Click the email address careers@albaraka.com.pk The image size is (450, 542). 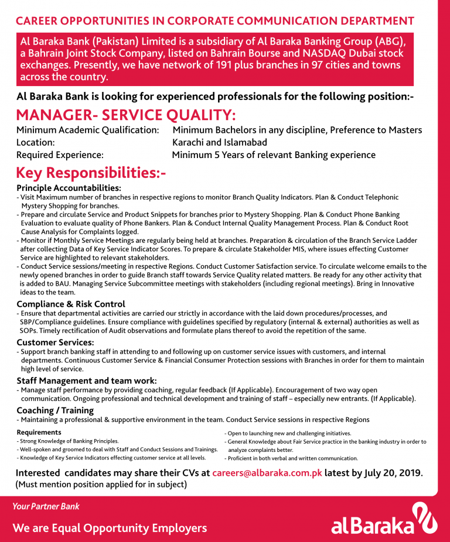267,473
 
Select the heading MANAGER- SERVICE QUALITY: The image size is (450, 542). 126,115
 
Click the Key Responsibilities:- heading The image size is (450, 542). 91,173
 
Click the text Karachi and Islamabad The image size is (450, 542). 220,142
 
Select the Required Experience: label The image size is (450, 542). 60,155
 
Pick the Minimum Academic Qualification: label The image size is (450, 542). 88,129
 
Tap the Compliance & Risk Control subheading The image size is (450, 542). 71,304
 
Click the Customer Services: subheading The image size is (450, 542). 55,342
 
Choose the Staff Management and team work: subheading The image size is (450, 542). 87,380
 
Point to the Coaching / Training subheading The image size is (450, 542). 55,410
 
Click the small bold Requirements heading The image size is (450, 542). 39,432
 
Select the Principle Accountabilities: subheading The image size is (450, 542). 69,188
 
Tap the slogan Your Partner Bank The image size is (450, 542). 46,506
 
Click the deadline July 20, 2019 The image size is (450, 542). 391,473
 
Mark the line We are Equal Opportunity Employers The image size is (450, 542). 110,528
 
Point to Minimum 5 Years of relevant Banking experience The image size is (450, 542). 274,155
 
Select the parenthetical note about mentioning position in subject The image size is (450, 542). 101,485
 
